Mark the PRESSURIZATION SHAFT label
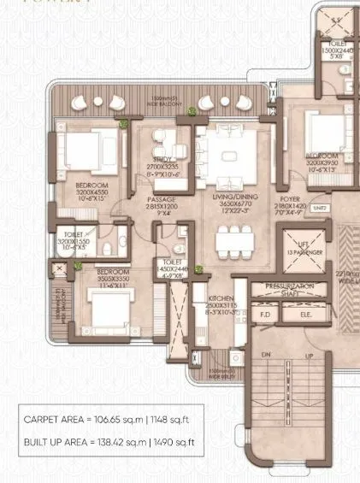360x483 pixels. click(x=289, y=288)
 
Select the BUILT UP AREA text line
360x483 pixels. click(x=109, y=442)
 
